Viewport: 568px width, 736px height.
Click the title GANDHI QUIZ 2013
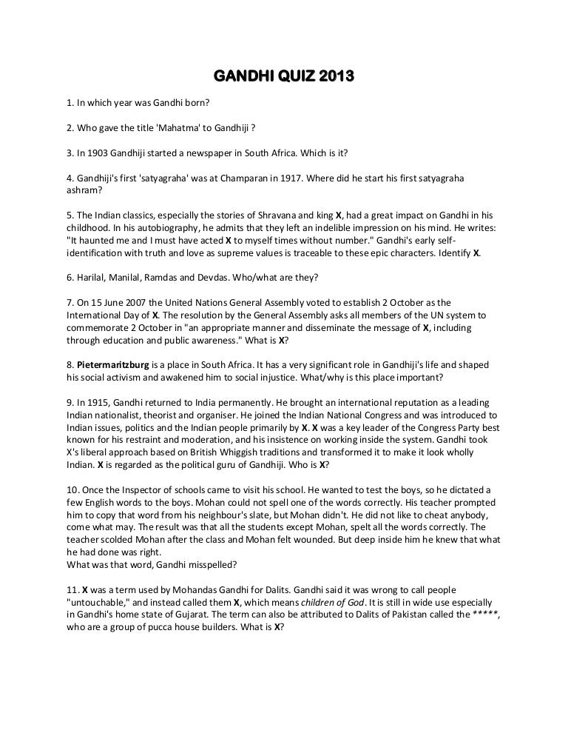tap(284, 76)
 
